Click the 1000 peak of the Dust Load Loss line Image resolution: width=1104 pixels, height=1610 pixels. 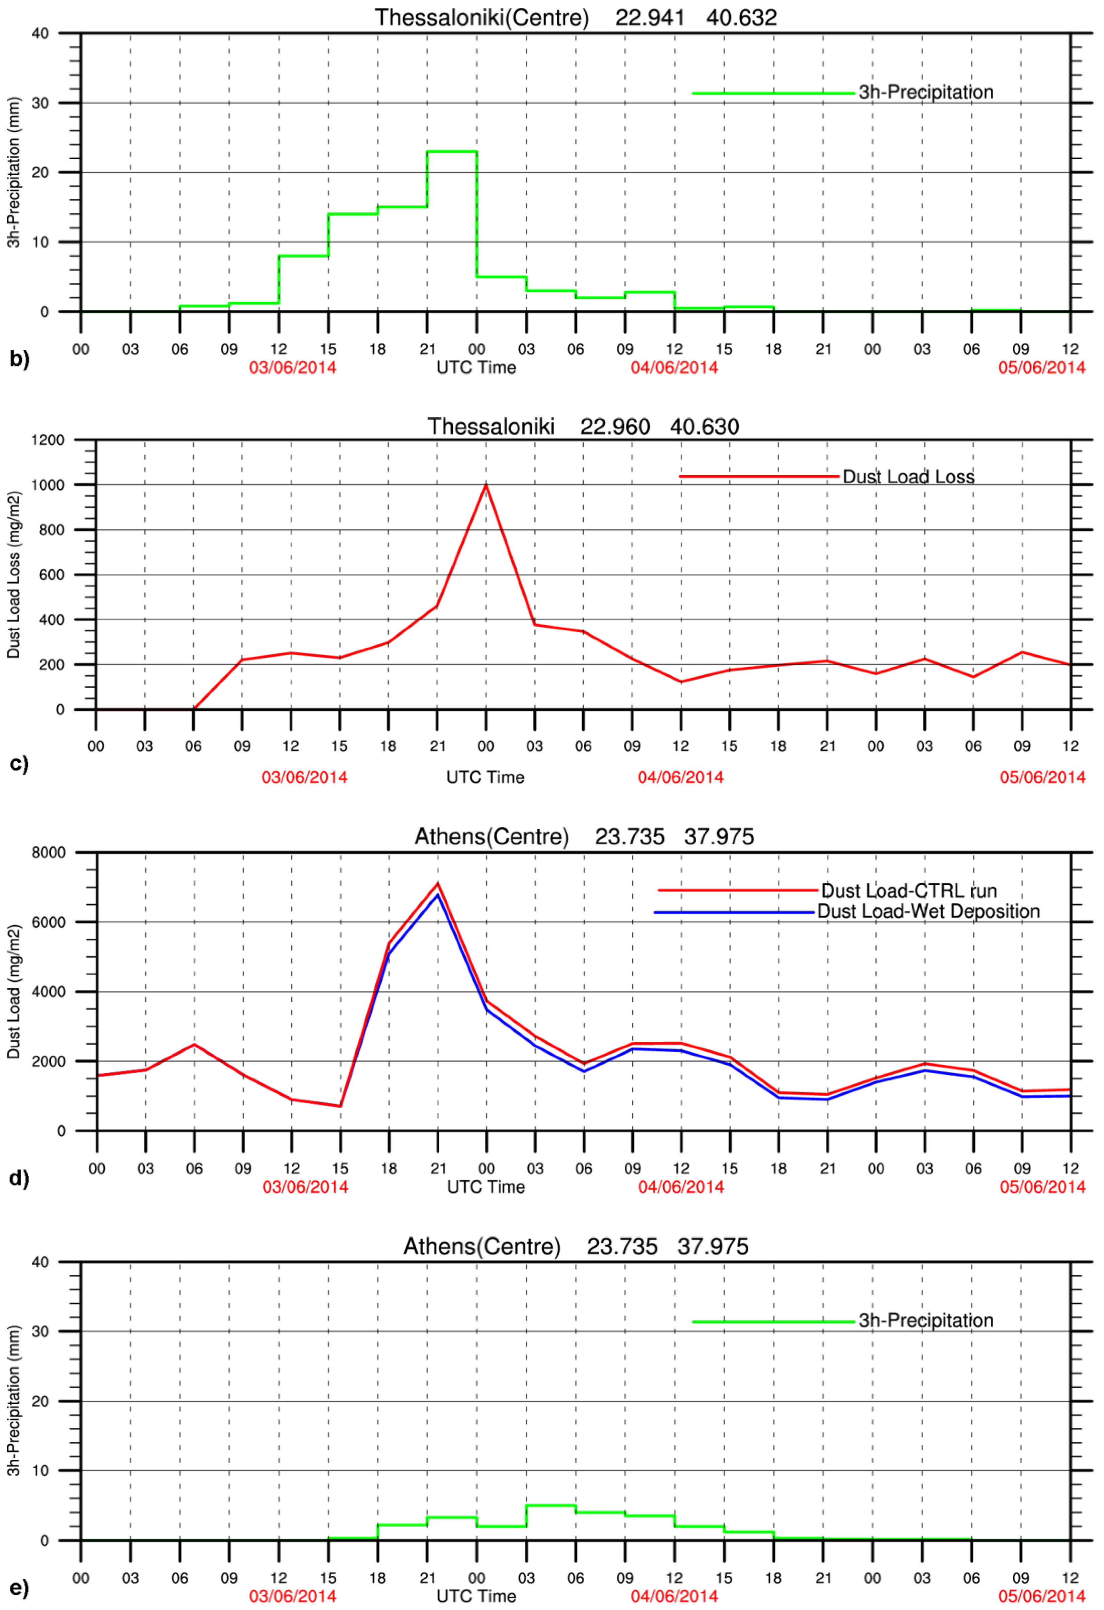coord(486,485)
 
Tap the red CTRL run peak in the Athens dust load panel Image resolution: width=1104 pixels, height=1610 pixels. coord(437,883)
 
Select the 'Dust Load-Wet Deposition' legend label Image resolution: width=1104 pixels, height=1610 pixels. coord(928,912)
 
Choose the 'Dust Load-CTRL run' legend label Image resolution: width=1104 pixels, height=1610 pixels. coord(909,891)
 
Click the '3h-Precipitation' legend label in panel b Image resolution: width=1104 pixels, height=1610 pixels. coord(926,92)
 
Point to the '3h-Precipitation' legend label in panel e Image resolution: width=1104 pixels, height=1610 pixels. coord(926,1321)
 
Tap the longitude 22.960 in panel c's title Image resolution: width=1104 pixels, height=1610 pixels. coord(615,427)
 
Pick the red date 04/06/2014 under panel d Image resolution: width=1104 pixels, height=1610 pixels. coord(681,1187)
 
